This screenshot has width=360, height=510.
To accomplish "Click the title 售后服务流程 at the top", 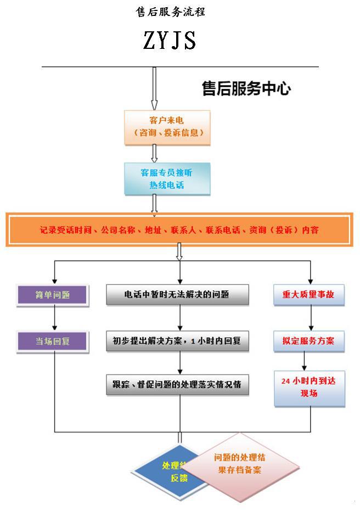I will click(170, 12).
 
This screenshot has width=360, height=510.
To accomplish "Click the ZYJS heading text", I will click(170, 41).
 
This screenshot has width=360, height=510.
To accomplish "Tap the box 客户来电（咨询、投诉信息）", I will click(167, 127).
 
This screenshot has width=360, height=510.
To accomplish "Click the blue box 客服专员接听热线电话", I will click(167, 179).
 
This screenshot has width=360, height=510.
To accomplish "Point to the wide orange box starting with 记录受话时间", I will click(178, 231).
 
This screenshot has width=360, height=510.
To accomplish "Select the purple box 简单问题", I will click(53, 294).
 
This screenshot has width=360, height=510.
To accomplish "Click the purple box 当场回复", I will click(53, 341).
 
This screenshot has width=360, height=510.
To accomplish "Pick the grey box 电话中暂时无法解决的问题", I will click(177, 294).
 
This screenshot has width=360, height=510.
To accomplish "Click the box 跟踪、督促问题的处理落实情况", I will click(177, 384).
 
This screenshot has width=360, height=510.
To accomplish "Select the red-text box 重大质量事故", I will click(311, 294).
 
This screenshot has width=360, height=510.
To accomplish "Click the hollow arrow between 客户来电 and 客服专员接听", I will click(154, 154).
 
